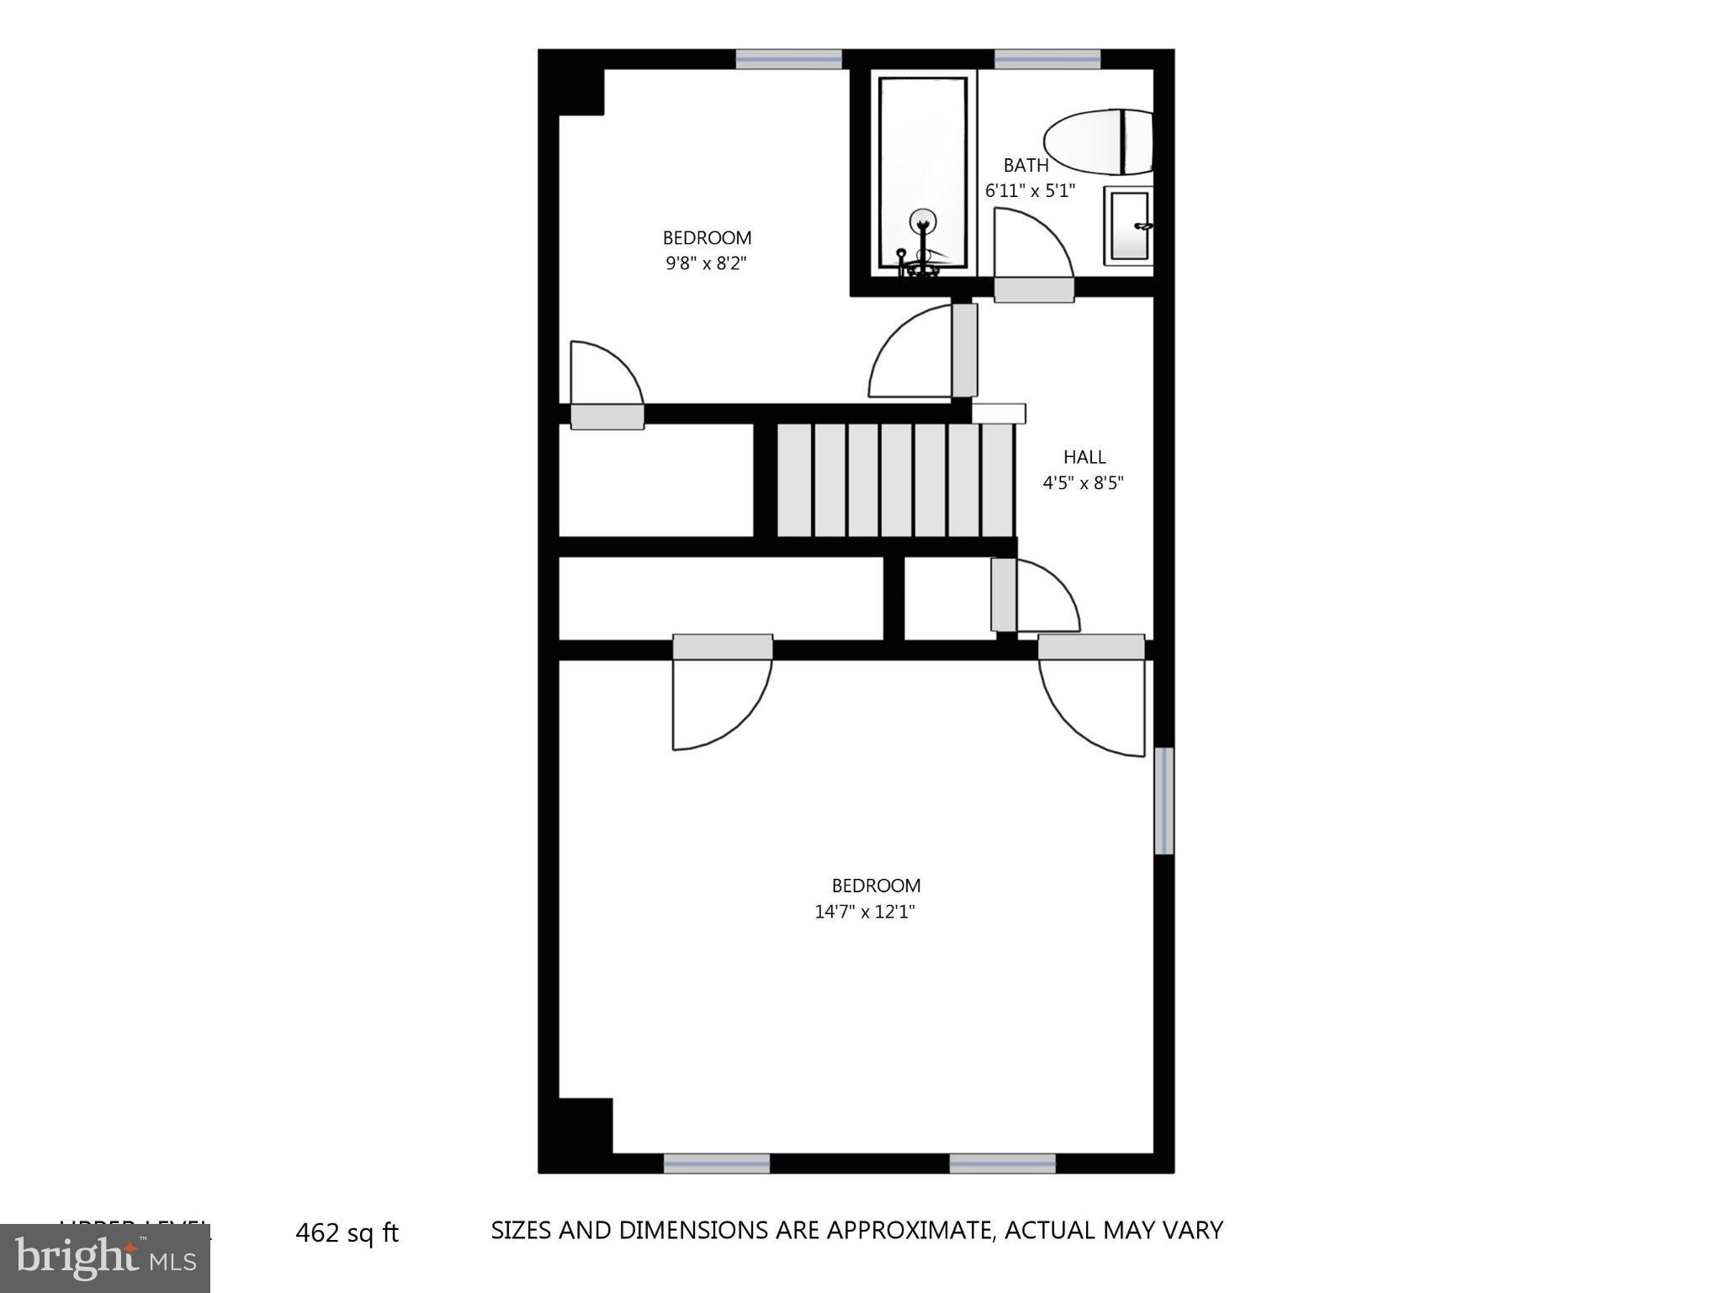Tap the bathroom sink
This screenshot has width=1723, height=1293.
point(1128,226)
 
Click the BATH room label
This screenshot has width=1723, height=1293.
point(1026,165)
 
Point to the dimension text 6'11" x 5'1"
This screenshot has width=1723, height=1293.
point(1030,191)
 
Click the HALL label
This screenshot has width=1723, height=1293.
point(1084,457)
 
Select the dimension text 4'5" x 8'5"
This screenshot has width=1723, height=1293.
point(1083,483)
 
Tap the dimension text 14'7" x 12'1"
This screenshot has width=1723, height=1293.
point(864,912)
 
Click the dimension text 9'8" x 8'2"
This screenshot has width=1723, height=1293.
point(706,263)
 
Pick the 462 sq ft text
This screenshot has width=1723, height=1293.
point(347,1233)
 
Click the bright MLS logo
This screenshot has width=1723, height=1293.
point(105,1258)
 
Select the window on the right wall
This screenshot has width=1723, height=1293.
point(1164,801)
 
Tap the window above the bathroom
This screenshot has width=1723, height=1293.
point(1047,59)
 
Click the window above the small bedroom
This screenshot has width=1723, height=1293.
point(788,59)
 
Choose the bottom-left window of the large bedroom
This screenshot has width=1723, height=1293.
point(716,1163)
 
